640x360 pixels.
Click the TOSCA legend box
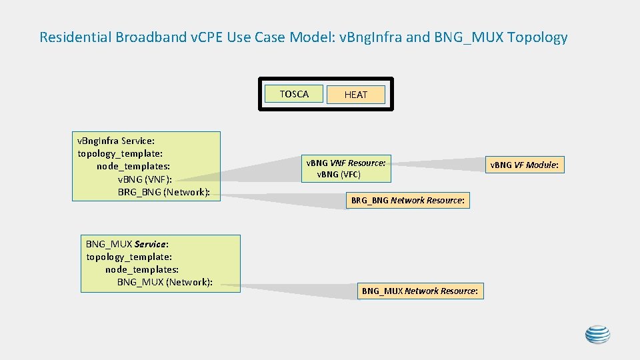[294, 94]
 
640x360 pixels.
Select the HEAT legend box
[356, 95]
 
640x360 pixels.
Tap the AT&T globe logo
[597, 335]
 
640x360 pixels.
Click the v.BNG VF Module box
[524, 165]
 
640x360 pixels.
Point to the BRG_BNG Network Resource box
[407, 200]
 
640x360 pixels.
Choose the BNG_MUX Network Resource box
[419, 291]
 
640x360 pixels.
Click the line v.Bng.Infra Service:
[116, 141]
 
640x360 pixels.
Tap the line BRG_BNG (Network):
[163, 192]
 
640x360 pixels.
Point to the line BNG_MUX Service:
[127, 244]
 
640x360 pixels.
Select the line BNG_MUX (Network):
[165, 282]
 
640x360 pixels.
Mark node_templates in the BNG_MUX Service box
[141, 269]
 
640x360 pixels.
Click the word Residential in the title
[77, 37]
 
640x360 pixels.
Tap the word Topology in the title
[537, 37]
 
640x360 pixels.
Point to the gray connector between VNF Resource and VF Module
[437, 163]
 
